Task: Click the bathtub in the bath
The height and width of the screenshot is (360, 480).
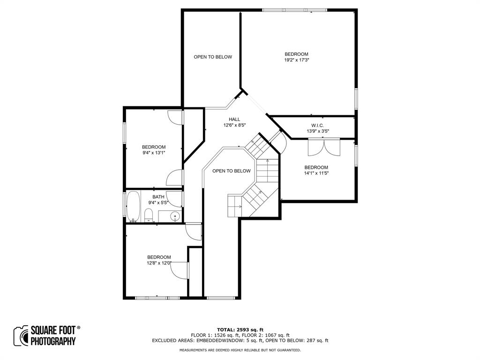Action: click(x=134, y=206)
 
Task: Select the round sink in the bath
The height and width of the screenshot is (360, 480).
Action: click(x=174, y=216)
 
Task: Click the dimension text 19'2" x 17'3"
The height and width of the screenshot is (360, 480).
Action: click(x=296, y=60)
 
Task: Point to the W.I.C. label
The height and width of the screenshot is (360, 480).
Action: click(x=317, y=125)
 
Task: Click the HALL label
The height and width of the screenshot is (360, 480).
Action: click(x=234, y=119)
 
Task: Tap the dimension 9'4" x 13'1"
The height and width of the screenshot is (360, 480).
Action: click(x=154, y=153)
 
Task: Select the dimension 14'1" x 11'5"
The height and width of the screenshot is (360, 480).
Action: click(x=316, y=173)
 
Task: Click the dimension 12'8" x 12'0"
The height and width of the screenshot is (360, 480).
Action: click(x=159, y=263)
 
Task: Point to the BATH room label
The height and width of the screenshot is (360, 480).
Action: click(x=158, y=197)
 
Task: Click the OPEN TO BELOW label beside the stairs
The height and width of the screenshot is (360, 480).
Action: click(x=231, y=171)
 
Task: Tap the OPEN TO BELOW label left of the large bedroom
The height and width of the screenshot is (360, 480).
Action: click(x=213, y=57)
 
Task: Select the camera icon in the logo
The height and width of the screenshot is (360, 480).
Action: click(x=21, y=336)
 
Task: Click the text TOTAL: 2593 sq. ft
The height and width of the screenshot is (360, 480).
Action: click(x=240, y=330)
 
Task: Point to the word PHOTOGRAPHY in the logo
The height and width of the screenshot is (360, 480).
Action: click(x=53, y=342)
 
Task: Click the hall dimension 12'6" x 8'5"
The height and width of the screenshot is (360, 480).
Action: click(x=234, y=125)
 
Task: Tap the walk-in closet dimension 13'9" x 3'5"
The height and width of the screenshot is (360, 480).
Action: click(x=317, y=131)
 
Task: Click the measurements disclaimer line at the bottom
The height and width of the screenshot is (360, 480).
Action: click(x=240, y=350)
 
